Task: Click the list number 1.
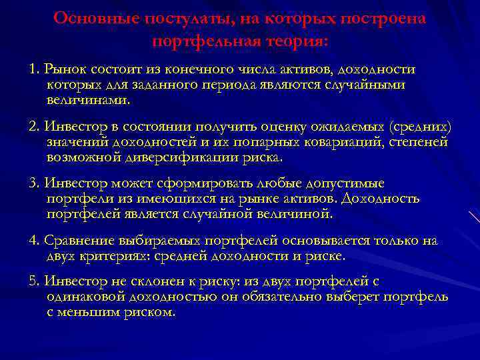pos(33,70)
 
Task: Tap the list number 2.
pos(33,127)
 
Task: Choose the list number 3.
pos(33,184)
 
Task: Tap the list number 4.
pos(33,241)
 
